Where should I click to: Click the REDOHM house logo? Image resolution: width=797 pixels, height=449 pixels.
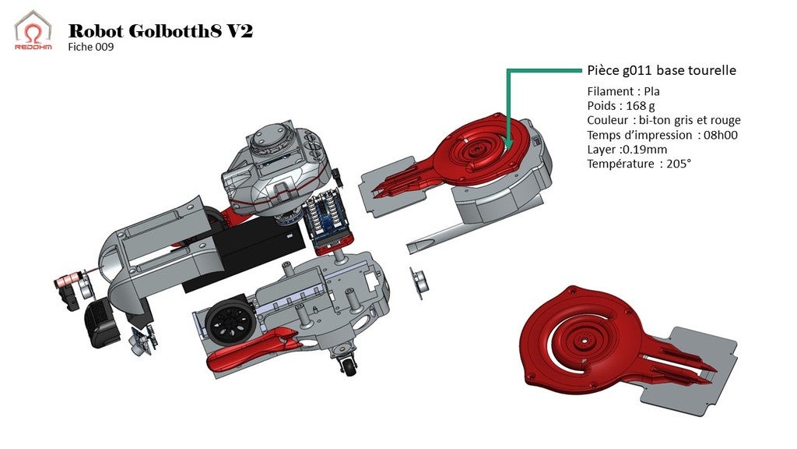[x=33, y=30]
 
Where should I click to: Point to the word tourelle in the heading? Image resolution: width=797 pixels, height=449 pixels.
[x=711, y=70]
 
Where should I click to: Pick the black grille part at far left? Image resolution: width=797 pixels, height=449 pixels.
[x=99, y=320]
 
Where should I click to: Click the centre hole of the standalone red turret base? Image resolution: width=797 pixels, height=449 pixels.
[x=582, y=341]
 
